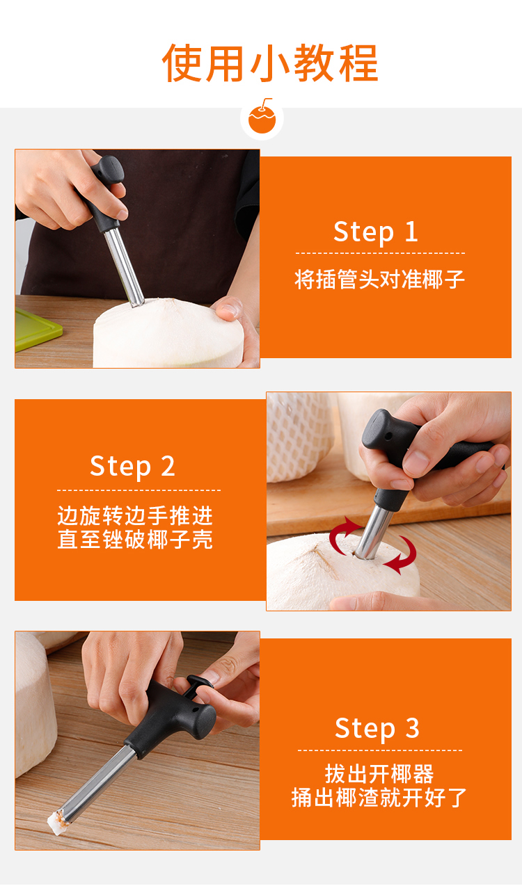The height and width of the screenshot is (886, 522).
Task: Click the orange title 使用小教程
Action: tap(270, 63)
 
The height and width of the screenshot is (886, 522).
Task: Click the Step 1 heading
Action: tap(376, 232)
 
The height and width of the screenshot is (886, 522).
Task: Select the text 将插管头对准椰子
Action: tap(379, 280)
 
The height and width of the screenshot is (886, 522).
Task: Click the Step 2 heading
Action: tap(132, 467)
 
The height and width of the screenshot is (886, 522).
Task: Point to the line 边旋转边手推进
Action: tap(135, 515)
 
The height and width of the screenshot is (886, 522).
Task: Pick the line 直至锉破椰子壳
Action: tap(135, 539)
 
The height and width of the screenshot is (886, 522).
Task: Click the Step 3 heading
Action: tap(377, 728)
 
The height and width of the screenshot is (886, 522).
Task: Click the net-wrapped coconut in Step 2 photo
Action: tap(299, 437)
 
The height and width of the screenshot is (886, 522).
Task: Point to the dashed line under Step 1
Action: tap(380, 253)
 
